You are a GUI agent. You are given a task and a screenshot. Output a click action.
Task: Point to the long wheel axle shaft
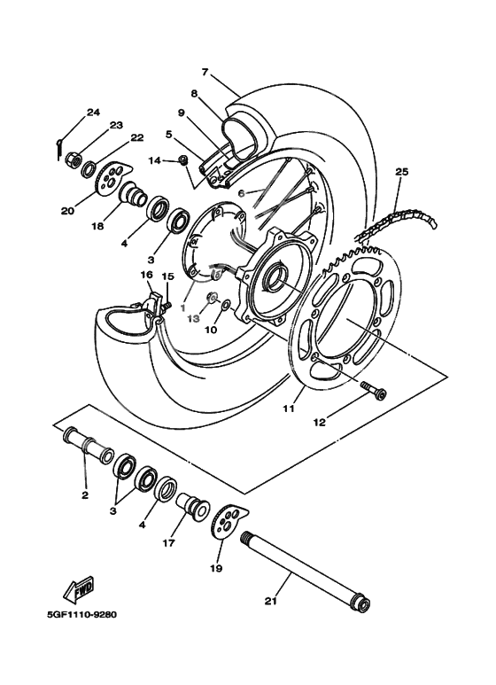click(301, 567)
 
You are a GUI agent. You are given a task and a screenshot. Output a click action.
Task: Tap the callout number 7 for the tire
click(205, 71)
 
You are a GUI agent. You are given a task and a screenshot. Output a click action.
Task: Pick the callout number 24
click(93, 113)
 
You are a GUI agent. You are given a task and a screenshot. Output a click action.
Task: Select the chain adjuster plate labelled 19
click(230, 522)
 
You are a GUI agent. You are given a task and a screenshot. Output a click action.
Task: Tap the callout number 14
click(154, 160)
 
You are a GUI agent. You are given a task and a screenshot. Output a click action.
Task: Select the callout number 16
click(147, 276)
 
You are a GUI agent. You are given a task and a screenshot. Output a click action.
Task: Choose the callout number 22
click(136, 137)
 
